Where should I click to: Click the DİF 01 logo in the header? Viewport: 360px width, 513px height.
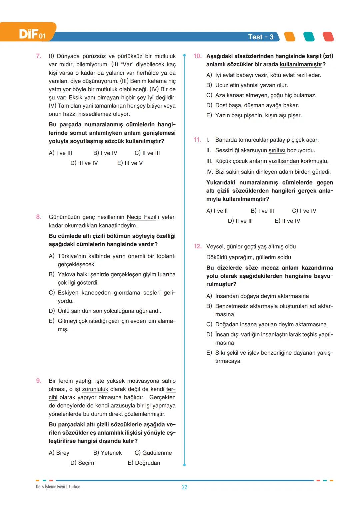(32, 34)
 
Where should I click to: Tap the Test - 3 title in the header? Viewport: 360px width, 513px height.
(260, 37)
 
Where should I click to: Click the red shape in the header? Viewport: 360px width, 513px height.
(328, 37)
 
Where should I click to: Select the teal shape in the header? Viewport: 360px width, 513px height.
(309, 37)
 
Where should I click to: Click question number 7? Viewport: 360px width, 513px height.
(39, 56)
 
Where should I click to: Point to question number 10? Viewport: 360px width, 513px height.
(198, 56)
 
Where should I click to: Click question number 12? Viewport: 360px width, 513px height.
(198, 246)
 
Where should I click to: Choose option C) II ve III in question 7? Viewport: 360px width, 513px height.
(147, 153)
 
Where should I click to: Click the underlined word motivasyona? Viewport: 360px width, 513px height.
(143, 381)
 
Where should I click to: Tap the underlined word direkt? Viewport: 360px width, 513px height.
(116, 414)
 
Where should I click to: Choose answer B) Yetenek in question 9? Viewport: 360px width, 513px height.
(107, 453)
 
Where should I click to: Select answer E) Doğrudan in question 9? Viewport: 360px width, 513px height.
(144, 463)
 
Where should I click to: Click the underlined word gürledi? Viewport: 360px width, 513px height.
(321, 172)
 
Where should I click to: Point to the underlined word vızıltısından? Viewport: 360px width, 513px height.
(284, 161)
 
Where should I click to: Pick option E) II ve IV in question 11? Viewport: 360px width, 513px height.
(287, 221)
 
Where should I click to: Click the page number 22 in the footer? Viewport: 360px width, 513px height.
(184, 487)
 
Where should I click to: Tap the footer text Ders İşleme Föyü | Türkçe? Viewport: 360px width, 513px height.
(58, 487)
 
